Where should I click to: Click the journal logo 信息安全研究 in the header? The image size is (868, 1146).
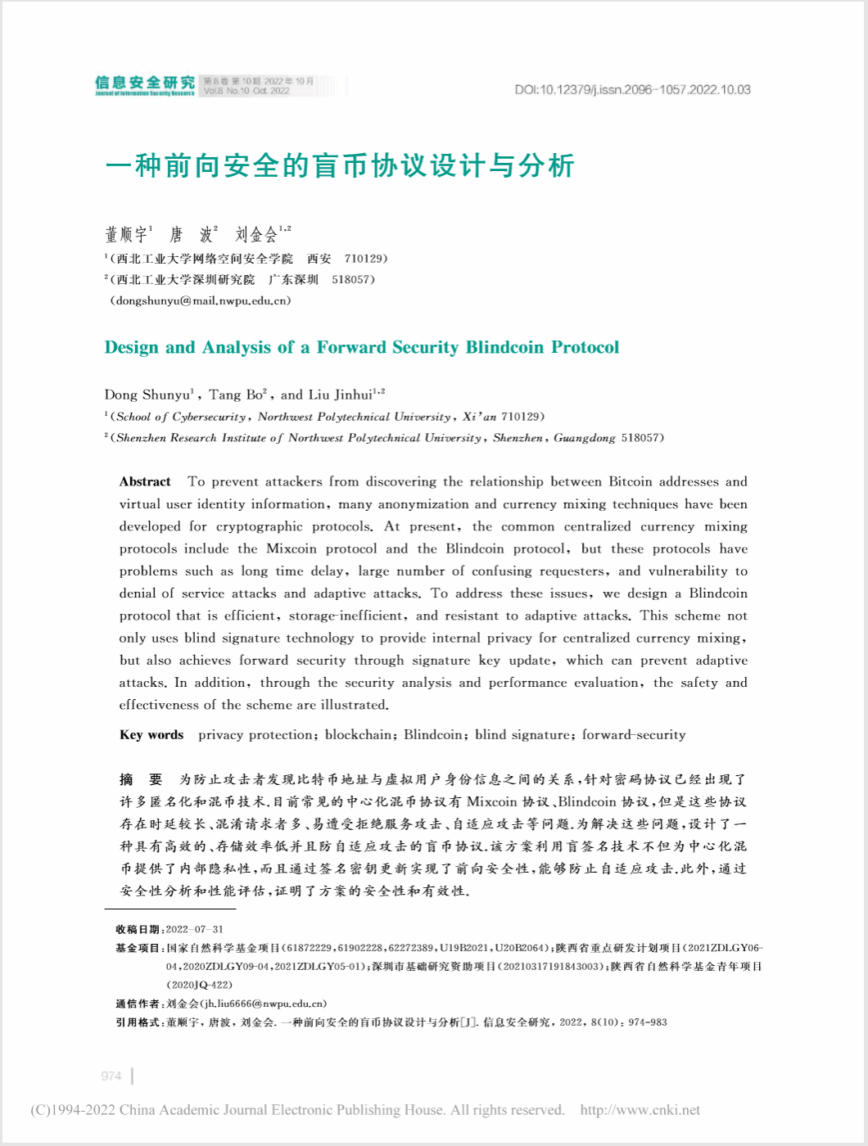click(145, 84)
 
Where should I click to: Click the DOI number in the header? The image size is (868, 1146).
click(632, 90)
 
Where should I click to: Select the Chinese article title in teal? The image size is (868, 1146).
click(340, 166)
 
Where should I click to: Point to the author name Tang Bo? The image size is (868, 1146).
click(236, 395)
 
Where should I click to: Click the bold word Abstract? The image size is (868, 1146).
click(145, 481)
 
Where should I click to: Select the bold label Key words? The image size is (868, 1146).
click(151, 734)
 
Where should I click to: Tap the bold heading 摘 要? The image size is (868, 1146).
click(141, 779)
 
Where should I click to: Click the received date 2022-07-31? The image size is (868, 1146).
click(194, 929)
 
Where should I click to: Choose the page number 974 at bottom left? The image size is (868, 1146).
click(111, 1076)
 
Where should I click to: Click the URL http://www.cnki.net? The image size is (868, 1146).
click(640, 1110)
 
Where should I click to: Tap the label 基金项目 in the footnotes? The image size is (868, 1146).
click(138, 948)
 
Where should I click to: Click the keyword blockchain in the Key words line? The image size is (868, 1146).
click(358, 734)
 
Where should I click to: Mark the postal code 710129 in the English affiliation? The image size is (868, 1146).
click(521, 417)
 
